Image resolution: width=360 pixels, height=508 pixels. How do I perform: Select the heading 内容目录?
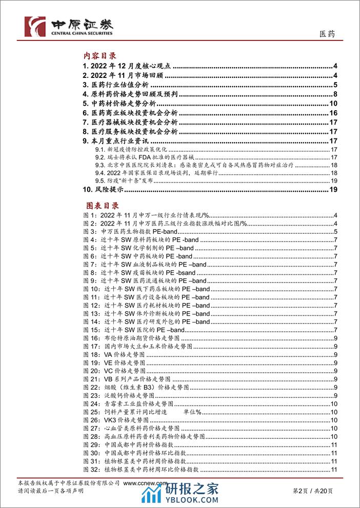coord(100,56)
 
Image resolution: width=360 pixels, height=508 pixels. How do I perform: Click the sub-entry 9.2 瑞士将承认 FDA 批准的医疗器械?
coord(145,157)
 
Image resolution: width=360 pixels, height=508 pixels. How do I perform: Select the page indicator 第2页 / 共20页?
coord(313,491)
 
